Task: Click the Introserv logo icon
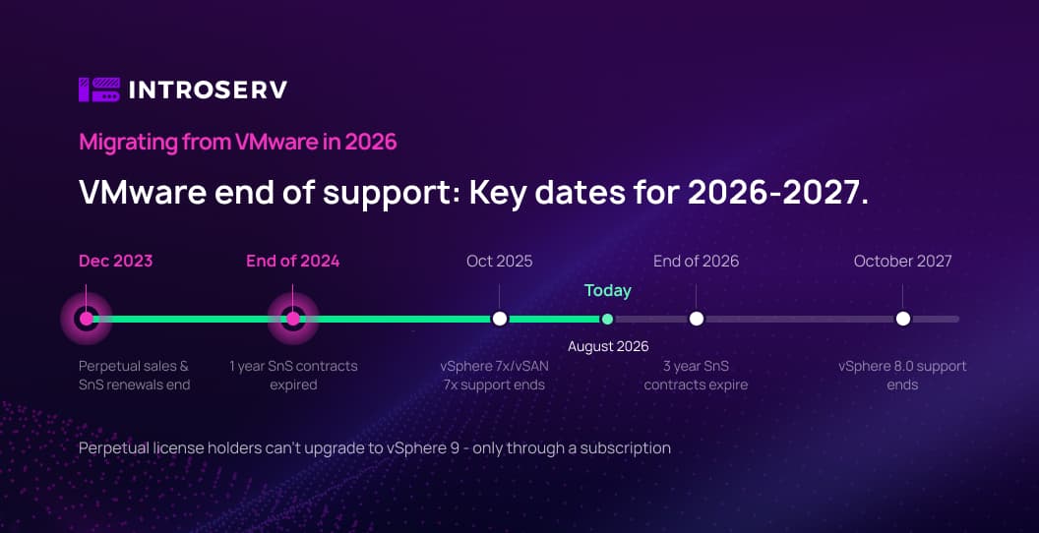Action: click(99, 89)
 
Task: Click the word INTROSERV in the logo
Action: click(208, 90)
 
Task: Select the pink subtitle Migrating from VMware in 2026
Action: click(238, 142)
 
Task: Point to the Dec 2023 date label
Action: click(116, 261)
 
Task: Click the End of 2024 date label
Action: click(293, 261)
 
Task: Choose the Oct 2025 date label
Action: click(500, 261)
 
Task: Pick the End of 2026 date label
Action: click(697, 261)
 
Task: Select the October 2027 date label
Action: click(902, 261)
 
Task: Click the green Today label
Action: click(608, 291)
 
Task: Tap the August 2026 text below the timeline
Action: click(608, 346)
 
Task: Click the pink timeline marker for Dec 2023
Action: click(87, 319)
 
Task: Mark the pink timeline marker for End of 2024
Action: click(293, 319)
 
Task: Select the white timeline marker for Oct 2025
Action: click(500, 319)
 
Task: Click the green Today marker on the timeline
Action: click(607, 320)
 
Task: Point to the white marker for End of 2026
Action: click(697, 319)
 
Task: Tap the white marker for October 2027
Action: click(902, 319)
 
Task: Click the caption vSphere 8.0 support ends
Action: click(902, 376)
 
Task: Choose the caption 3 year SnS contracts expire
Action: click(696, 376)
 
